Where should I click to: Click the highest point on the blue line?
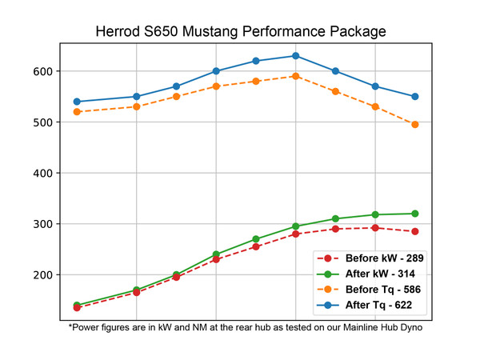pyautogui.click(x=295, y=56)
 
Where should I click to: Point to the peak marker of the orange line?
pyautogui.click(x=295, y=76)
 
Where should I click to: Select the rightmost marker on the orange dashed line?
pyautogui.click(x=414, y=125)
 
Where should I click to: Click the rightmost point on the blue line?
pyautogui.click(x=414, y=97)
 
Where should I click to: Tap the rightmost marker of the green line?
pyautogui.click(x=414, y=214)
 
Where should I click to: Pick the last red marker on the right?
pyautogui.click(x=414, y=231)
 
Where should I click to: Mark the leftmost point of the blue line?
pyautogui.click(x=77, y=102)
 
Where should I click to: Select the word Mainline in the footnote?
pyautogui.click(x=334, y=326)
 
